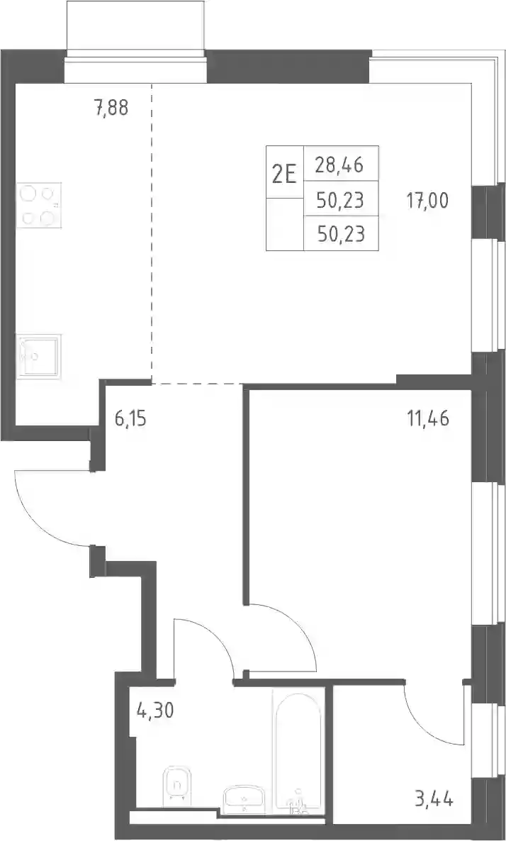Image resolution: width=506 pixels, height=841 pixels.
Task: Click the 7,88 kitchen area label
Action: (x=111, y=108)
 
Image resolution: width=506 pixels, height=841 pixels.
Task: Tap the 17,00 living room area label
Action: (x=427, y=201)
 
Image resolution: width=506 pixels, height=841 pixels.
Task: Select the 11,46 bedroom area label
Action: (x=428, y=417)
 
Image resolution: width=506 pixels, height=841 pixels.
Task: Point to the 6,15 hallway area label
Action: (x=129, y=417)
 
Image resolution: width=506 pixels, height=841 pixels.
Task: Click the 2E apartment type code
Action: (x=285, y=174)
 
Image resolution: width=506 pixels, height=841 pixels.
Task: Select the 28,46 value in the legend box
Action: (x=339, y=165)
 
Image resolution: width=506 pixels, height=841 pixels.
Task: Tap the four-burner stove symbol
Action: (x=38, y=205)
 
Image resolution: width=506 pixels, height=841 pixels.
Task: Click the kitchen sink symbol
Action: (x=38, y=357)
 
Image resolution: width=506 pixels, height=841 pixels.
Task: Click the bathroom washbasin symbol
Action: (x=243, y=796)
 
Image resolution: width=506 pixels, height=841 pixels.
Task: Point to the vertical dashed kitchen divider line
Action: (x=151, y=233)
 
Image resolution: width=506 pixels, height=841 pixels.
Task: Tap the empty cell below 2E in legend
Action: (x=285, y=224)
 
